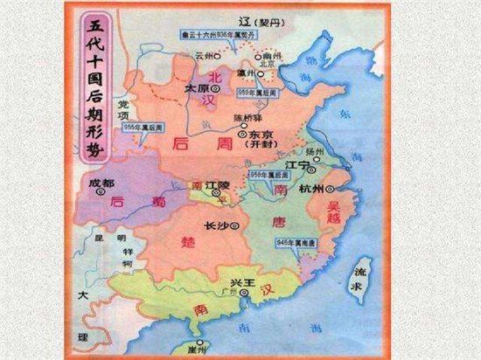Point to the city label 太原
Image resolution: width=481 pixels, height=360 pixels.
(x=197, y=89)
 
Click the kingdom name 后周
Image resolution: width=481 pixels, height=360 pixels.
(x=185, y=140)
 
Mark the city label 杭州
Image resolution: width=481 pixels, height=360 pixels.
(x=311, y=189)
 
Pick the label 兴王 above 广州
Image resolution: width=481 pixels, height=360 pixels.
(x=241, y=282)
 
